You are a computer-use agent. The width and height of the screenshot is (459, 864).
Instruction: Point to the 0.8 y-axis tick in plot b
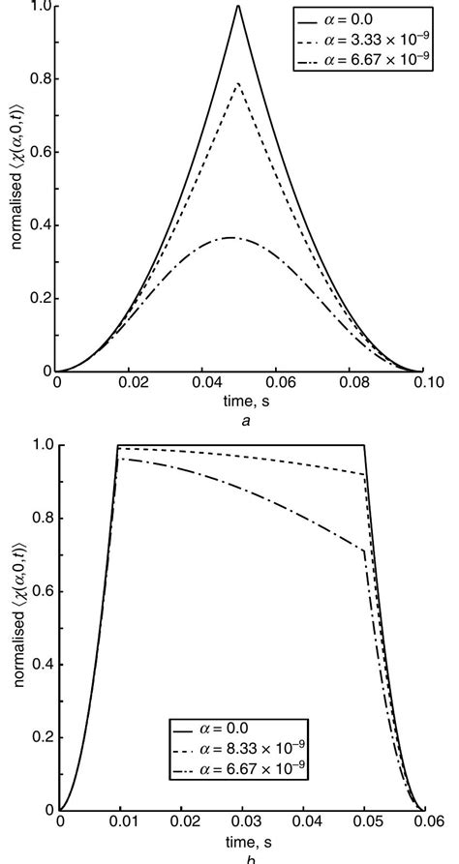pyautogui.click(x=59, y=518)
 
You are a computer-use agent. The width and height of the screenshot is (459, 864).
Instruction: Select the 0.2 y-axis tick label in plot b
pyautogui.click(x=42, y=737)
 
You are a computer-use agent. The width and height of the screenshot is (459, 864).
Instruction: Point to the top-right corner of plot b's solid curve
pyautogui.click(x=363, y=445)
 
